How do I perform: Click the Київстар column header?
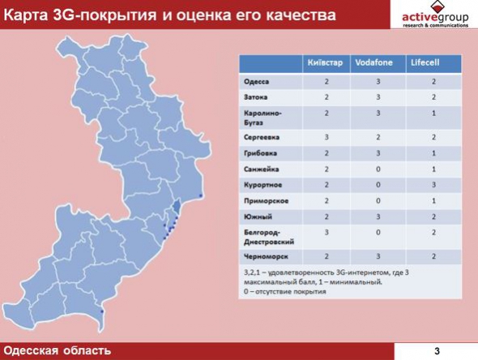tap(325, 63)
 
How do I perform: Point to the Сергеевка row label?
tap(262, 137)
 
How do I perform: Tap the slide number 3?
tap(437, 351)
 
